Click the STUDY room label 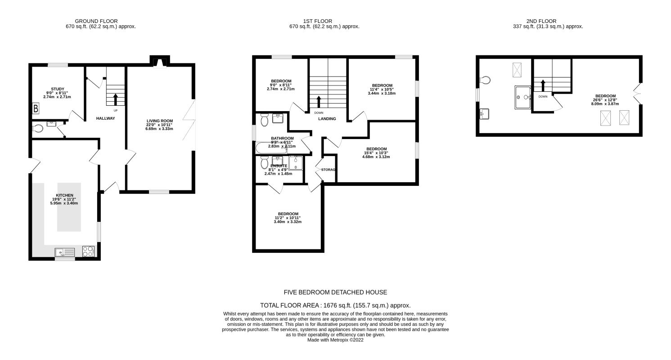[x=58, y=89]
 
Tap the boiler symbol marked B [x=36, y=108]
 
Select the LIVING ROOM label [x=160, y=121]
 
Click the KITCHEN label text [x=64, y=195]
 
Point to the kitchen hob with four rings [x=88, y=251]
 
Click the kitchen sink [x=65, y=252]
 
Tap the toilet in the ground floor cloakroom [x=37, y=129]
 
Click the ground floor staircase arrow [x=115, y=99]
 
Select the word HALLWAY [x=105, y=118]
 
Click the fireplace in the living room [x=160, y=62]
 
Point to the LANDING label [x=327, y=119]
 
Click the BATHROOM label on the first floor [x=282, y=138]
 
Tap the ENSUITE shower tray [x=296, y=163]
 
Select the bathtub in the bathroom [x=271, y=148]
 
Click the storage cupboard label [x=328, y=170]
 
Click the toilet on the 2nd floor [x=485, y=80]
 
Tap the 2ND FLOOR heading [x=541, y=21]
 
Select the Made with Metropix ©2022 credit [x=335, y=340]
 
